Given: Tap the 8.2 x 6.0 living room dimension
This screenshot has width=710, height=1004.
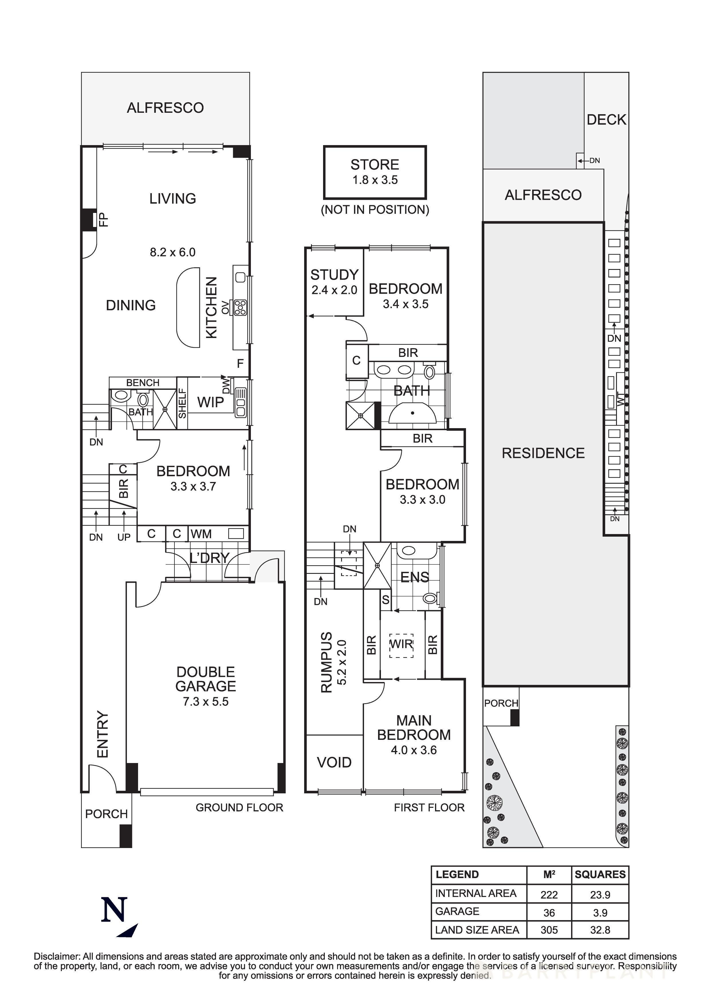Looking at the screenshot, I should point(172,252).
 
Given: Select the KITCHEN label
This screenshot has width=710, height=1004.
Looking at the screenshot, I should point(211,307).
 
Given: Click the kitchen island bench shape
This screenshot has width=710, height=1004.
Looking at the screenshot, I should point(188,308).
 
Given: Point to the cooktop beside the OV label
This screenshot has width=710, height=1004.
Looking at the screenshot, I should point(240,307).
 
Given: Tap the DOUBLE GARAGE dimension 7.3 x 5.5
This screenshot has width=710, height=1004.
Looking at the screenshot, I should point(206,701).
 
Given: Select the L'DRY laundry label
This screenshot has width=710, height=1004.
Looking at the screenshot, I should point(209,558).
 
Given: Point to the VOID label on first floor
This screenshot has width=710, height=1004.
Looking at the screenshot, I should point(334,763).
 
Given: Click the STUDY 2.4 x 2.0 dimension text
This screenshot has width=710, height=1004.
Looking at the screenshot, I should point(334,290).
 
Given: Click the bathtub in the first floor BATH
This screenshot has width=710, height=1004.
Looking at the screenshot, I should point(412,413).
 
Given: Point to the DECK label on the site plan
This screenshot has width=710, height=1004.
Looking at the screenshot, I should point(606,120).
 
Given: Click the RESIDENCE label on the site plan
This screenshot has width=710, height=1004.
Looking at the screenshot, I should point(543,453).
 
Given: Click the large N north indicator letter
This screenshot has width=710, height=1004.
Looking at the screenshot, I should point(115,910).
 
